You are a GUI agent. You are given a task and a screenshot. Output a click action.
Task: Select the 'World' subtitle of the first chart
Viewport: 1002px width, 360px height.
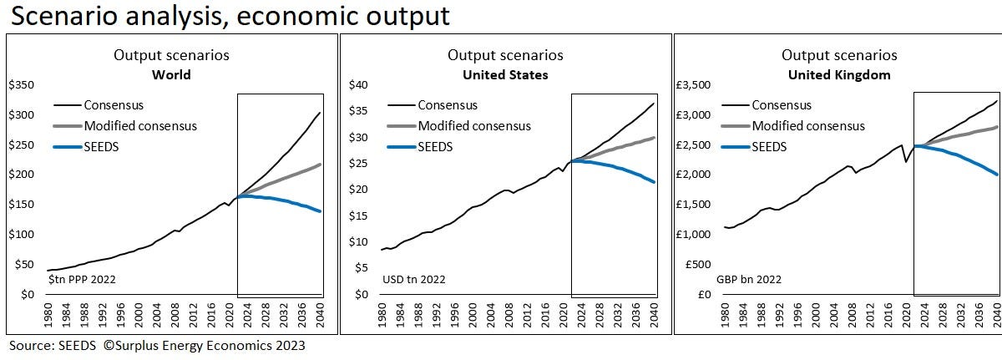tap(171, 74)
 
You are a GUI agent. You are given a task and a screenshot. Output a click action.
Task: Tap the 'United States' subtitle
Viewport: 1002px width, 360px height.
tap(505, 74)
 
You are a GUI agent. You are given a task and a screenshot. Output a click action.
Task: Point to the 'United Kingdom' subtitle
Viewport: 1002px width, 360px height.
tap(839, 74)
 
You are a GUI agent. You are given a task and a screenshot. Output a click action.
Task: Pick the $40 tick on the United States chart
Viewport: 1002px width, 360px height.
tap(357, 85)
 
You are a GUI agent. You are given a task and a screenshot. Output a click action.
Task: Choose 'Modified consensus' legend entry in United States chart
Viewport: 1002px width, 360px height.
tap(474, 125)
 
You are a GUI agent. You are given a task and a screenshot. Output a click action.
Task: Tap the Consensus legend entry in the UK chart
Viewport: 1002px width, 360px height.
tap(782, 104)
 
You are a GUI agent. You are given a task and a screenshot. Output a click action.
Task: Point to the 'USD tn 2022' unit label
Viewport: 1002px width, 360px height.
tap(414, 279)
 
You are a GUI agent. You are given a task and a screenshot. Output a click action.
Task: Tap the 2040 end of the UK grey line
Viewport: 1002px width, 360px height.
tap(996, 127)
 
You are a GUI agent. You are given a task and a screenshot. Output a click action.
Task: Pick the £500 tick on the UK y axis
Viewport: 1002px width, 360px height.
tap(698, 264)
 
